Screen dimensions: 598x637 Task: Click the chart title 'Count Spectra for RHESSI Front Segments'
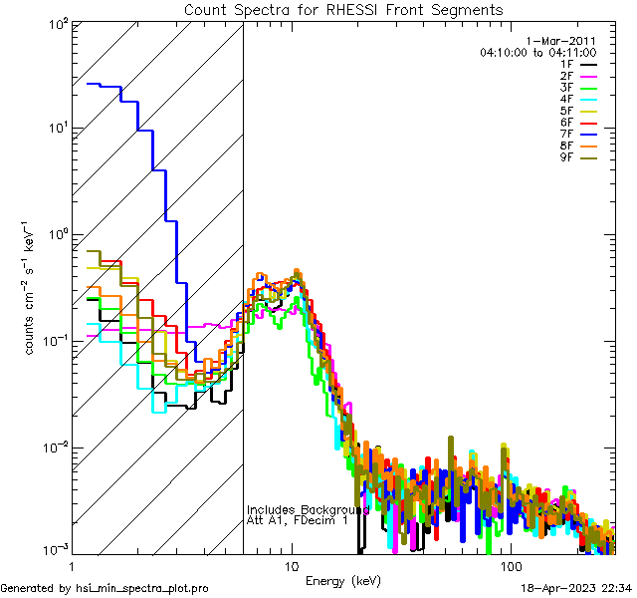(343, 10)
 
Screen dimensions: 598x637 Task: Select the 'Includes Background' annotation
(309, 509)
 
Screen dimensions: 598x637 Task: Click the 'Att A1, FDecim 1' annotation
(298, 521)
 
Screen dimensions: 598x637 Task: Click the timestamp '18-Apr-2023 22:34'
(575, 589)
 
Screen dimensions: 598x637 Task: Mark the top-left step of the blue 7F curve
(95, 84)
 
